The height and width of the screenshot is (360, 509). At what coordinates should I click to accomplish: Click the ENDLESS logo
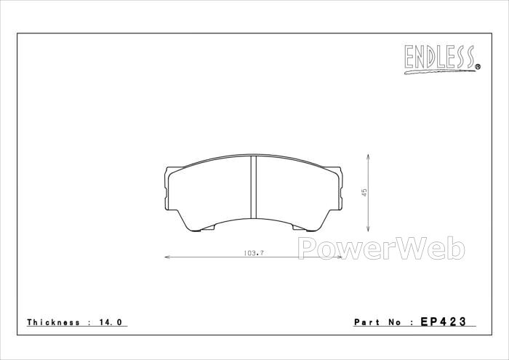tap(442, 59)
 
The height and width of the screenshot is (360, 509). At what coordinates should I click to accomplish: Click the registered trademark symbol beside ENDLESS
tap(478, 67)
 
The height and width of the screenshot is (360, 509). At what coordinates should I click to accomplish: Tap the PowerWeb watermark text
tap(382, 249)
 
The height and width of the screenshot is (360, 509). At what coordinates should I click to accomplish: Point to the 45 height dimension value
tap(364, 193)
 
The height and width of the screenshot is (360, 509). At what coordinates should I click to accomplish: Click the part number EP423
tap(444, 321)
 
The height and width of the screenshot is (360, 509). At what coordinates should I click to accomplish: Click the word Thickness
tap(53, 322)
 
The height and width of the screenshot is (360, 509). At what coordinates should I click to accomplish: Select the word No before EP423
tap(396, 322)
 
